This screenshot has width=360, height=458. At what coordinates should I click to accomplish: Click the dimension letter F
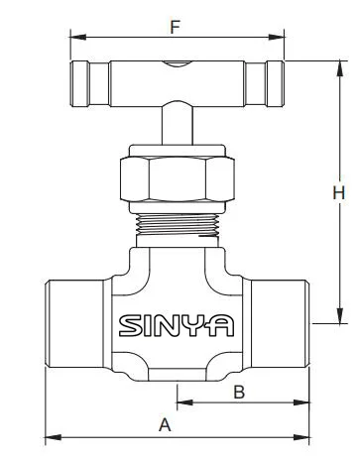[x=175, y=27]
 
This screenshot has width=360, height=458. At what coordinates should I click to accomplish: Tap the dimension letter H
[x=339, y=193]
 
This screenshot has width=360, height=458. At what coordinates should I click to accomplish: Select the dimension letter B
[x=239, y=392]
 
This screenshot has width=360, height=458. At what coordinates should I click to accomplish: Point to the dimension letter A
[x=165, y=425]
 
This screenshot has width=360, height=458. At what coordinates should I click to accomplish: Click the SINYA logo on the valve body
[x=177, y=326]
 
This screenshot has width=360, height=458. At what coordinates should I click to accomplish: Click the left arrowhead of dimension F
[x=78, y=37]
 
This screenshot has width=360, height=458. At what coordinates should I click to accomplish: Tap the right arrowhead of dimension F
[x=277, y=37]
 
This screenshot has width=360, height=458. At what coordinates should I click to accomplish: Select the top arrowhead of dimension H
[x=340, y=68]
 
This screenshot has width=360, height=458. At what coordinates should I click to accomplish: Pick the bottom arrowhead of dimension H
[x=340, y=315]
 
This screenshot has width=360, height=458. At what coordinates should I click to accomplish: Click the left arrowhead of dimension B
[x=185, y=402]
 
